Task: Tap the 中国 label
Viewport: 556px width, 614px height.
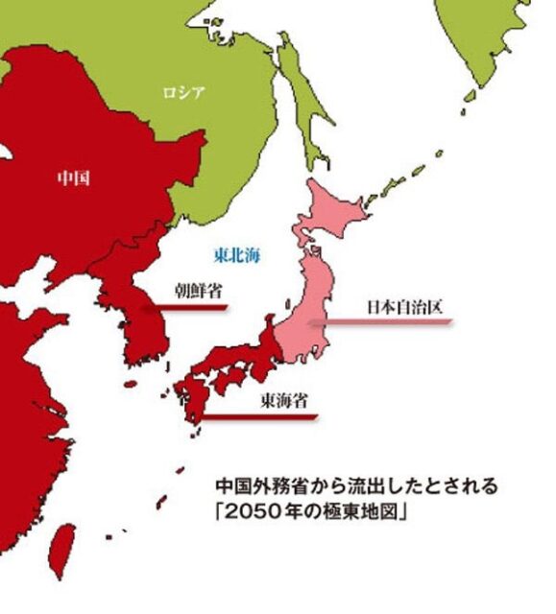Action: click(73, 177)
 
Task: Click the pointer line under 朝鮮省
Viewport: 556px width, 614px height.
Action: click(187, 308)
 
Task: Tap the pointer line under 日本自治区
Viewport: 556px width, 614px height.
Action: click(379, 323)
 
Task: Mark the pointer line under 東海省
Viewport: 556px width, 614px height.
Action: click(259, 416)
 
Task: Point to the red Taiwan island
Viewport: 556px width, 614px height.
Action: click(63, 548)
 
